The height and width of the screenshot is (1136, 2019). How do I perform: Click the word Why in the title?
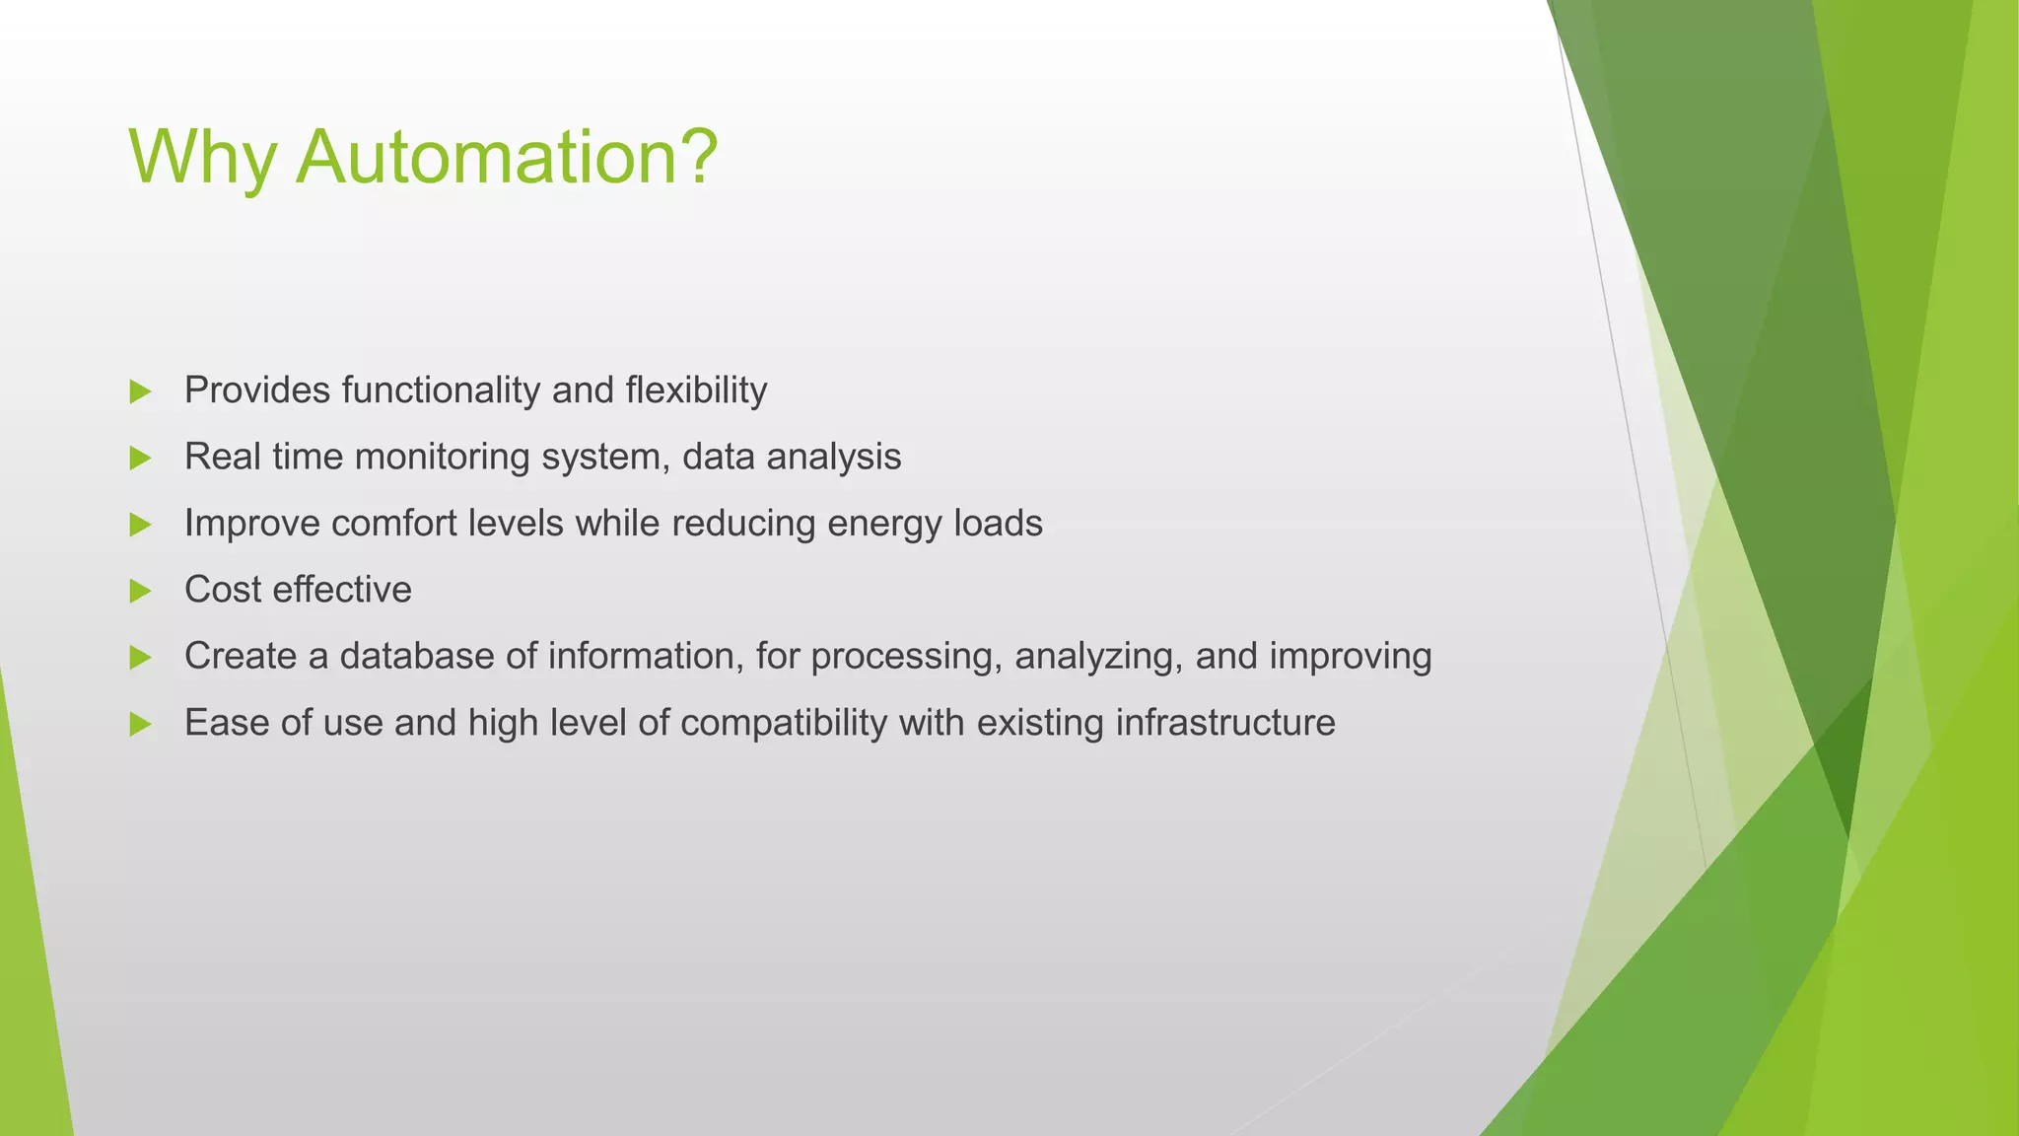(x=202, y=158)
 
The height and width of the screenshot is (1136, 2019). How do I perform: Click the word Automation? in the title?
(x=507, y=158)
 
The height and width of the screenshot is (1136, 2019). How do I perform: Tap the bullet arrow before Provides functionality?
(x=140, y=392)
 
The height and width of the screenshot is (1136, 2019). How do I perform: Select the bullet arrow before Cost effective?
(x=140, y=592)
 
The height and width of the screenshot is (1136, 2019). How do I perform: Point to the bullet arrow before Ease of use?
(x=140, y=725)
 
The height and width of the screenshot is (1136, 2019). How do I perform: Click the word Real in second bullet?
(x=222, y=458)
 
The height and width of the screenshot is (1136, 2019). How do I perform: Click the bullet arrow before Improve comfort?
(x=140, y=526)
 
